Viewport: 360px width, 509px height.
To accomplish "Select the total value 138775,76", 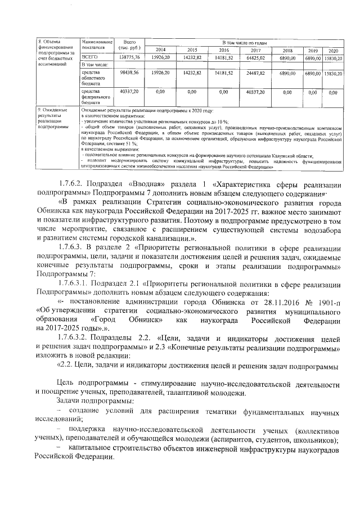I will tap(129, 57).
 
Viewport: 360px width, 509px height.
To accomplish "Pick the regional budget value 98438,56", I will tap(129, 73).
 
